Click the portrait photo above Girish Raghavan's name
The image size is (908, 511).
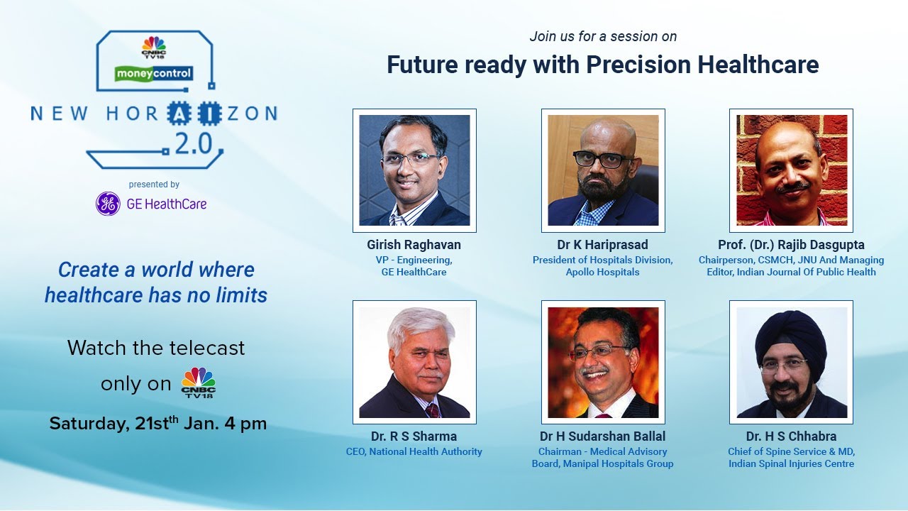coord(414,170)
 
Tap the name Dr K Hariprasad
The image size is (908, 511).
coord(602,245)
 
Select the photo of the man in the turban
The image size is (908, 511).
coord(791,362)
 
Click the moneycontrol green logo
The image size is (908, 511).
coord(154,72)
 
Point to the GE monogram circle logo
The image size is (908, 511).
coord(108,204)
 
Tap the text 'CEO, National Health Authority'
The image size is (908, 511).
coord(414,451)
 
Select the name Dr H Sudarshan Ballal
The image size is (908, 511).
coord(602,436)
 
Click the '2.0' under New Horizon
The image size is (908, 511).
coord(193,145)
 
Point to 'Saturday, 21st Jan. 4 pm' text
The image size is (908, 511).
coord(157,424)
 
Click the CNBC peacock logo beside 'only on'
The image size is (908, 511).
coord(198,383)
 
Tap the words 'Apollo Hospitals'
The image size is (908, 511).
coord(602,272)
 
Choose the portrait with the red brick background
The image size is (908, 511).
coord(791,170)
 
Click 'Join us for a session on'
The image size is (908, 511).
coord(603,36)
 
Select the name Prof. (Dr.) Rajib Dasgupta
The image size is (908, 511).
coord(791,245)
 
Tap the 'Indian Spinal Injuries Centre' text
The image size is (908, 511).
coord(791,463)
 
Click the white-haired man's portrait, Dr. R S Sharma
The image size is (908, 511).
coord(414,362)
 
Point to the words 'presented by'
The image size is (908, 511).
coord(154,185)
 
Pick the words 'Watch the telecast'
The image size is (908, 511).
coord(156,348)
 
